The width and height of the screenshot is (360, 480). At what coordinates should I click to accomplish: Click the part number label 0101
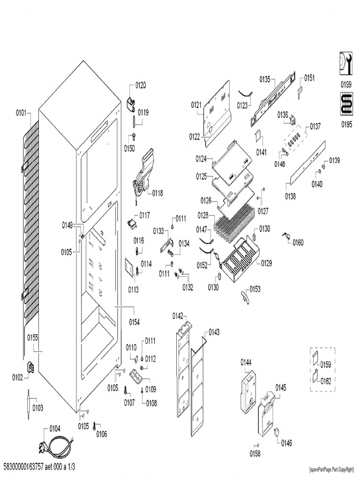[22, 113]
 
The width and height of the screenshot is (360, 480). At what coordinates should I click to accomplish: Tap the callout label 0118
[157, 193]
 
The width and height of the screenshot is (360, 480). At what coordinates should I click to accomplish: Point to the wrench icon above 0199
[345, 64]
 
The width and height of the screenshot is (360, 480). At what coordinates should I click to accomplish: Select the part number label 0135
[264, 79]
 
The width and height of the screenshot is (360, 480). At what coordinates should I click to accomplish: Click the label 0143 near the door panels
[214, 332]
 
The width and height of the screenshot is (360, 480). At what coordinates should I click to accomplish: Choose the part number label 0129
[266, 262]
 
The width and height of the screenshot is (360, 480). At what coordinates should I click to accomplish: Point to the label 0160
[298, 242]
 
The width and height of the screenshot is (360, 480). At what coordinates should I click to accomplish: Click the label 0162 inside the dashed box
[326, 381]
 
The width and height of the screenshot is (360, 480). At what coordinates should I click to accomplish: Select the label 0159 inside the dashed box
[326, 364]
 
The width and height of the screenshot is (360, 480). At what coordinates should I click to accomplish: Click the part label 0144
[247, 362]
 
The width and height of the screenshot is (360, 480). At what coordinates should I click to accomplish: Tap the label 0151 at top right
[310, 78]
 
